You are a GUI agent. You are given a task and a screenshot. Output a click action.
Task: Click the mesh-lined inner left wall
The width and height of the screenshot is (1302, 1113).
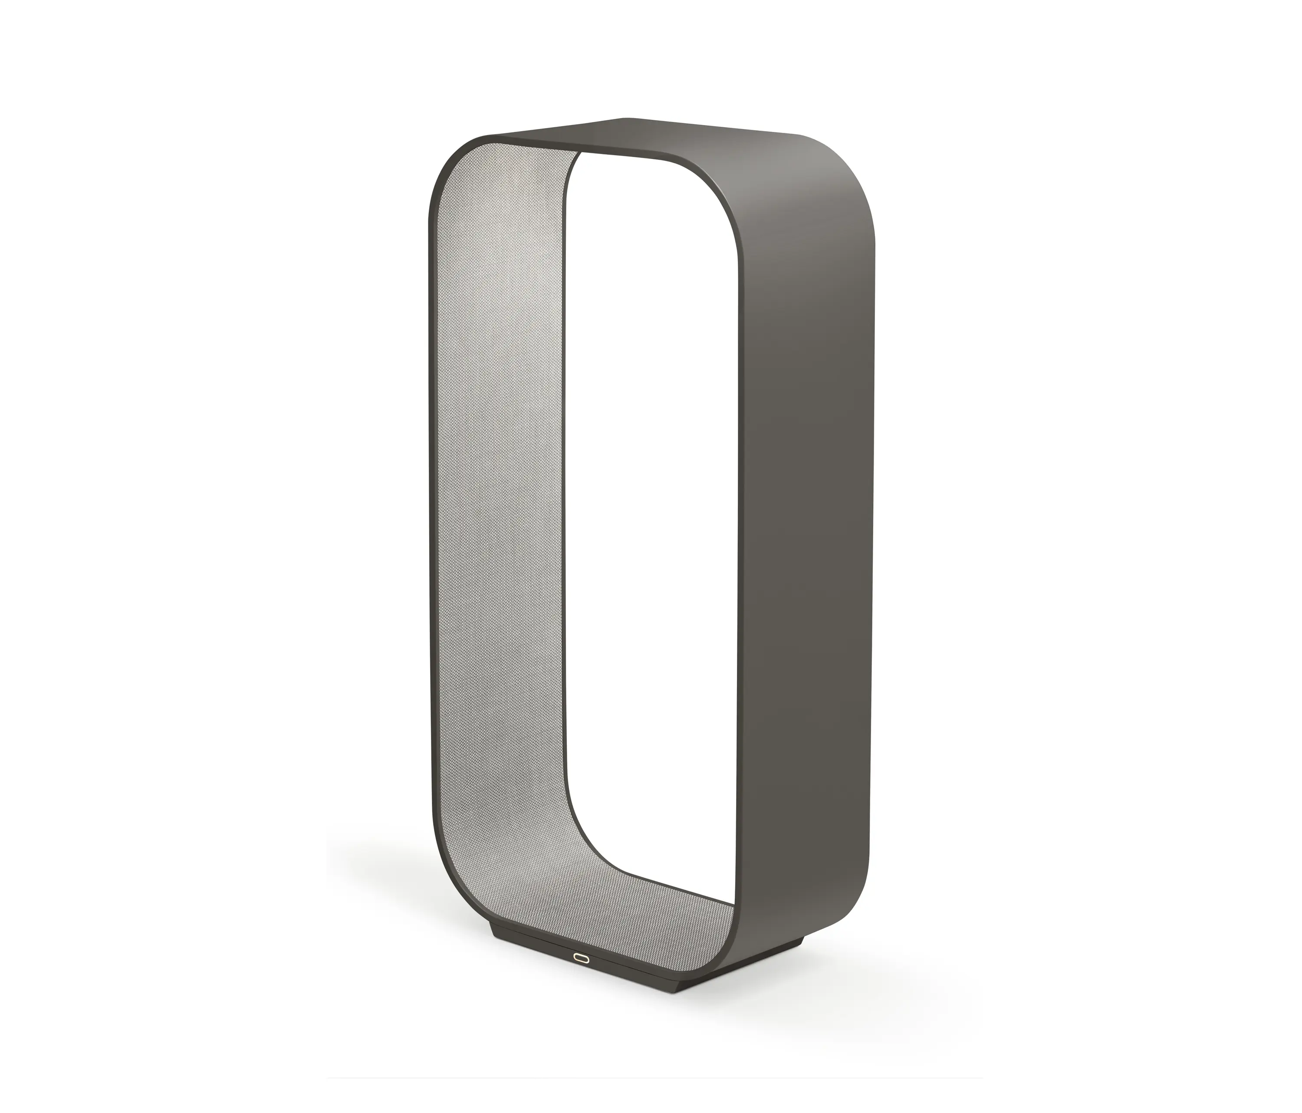pos(496,503)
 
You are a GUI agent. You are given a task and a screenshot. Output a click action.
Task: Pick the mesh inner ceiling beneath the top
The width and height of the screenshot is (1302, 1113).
pos(534,151)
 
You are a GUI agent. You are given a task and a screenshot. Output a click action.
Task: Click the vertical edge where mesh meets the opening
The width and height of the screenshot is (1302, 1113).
pos(566,503)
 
